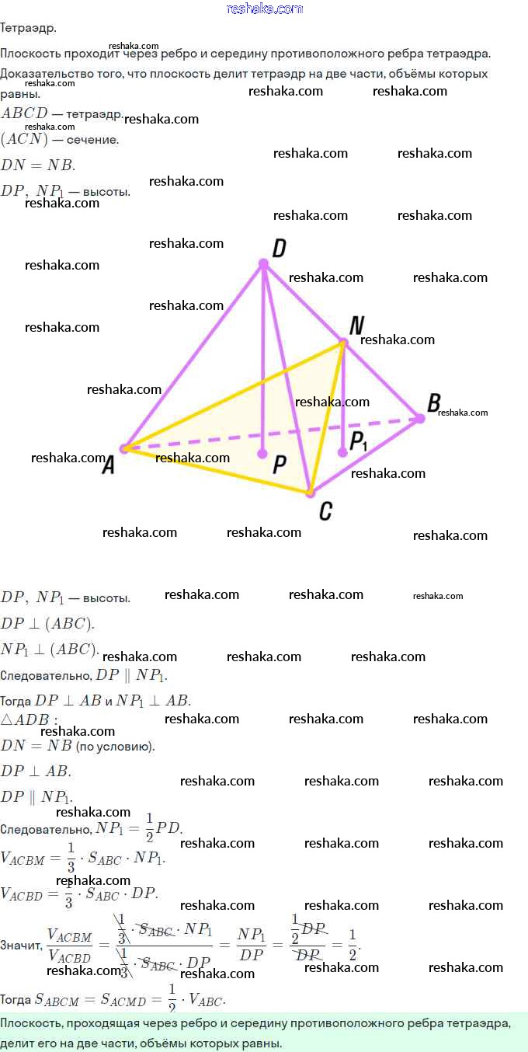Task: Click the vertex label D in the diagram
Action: tap(280, 248)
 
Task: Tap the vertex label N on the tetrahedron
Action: tap(357, 325)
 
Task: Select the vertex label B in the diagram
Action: tap(434, 402)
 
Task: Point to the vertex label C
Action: tap(326, 510)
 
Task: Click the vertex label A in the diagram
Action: tap(109, 465)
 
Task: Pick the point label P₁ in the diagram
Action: tap(358, 441)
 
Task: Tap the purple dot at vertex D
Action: tap(263, 264)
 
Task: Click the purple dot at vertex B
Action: tap(420, 418)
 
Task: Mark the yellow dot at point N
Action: tap(342, 342)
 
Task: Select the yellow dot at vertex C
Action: tap(309, 492)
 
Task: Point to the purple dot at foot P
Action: tap(263, 453)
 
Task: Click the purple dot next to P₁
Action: tap(342, 451)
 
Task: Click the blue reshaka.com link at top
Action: tap(264, 9)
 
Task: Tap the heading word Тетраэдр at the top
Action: tap(28, 28)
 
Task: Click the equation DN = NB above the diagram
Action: tap(38, 165)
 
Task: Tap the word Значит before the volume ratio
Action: tap(21, 946)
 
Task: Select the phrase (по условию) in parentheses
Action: tap(115, 747)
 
